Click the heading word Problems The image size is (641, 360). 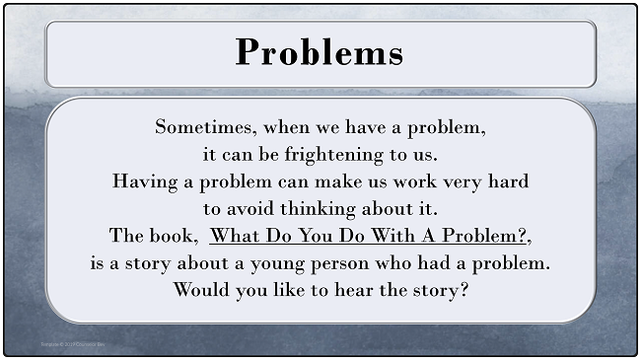coord(320,51)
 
